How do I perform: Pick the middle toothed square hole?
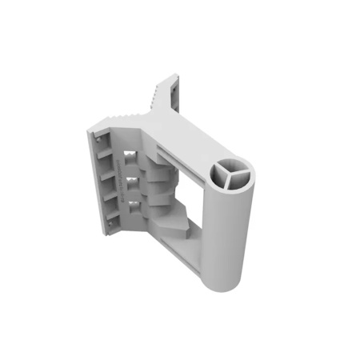(133, 182)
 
